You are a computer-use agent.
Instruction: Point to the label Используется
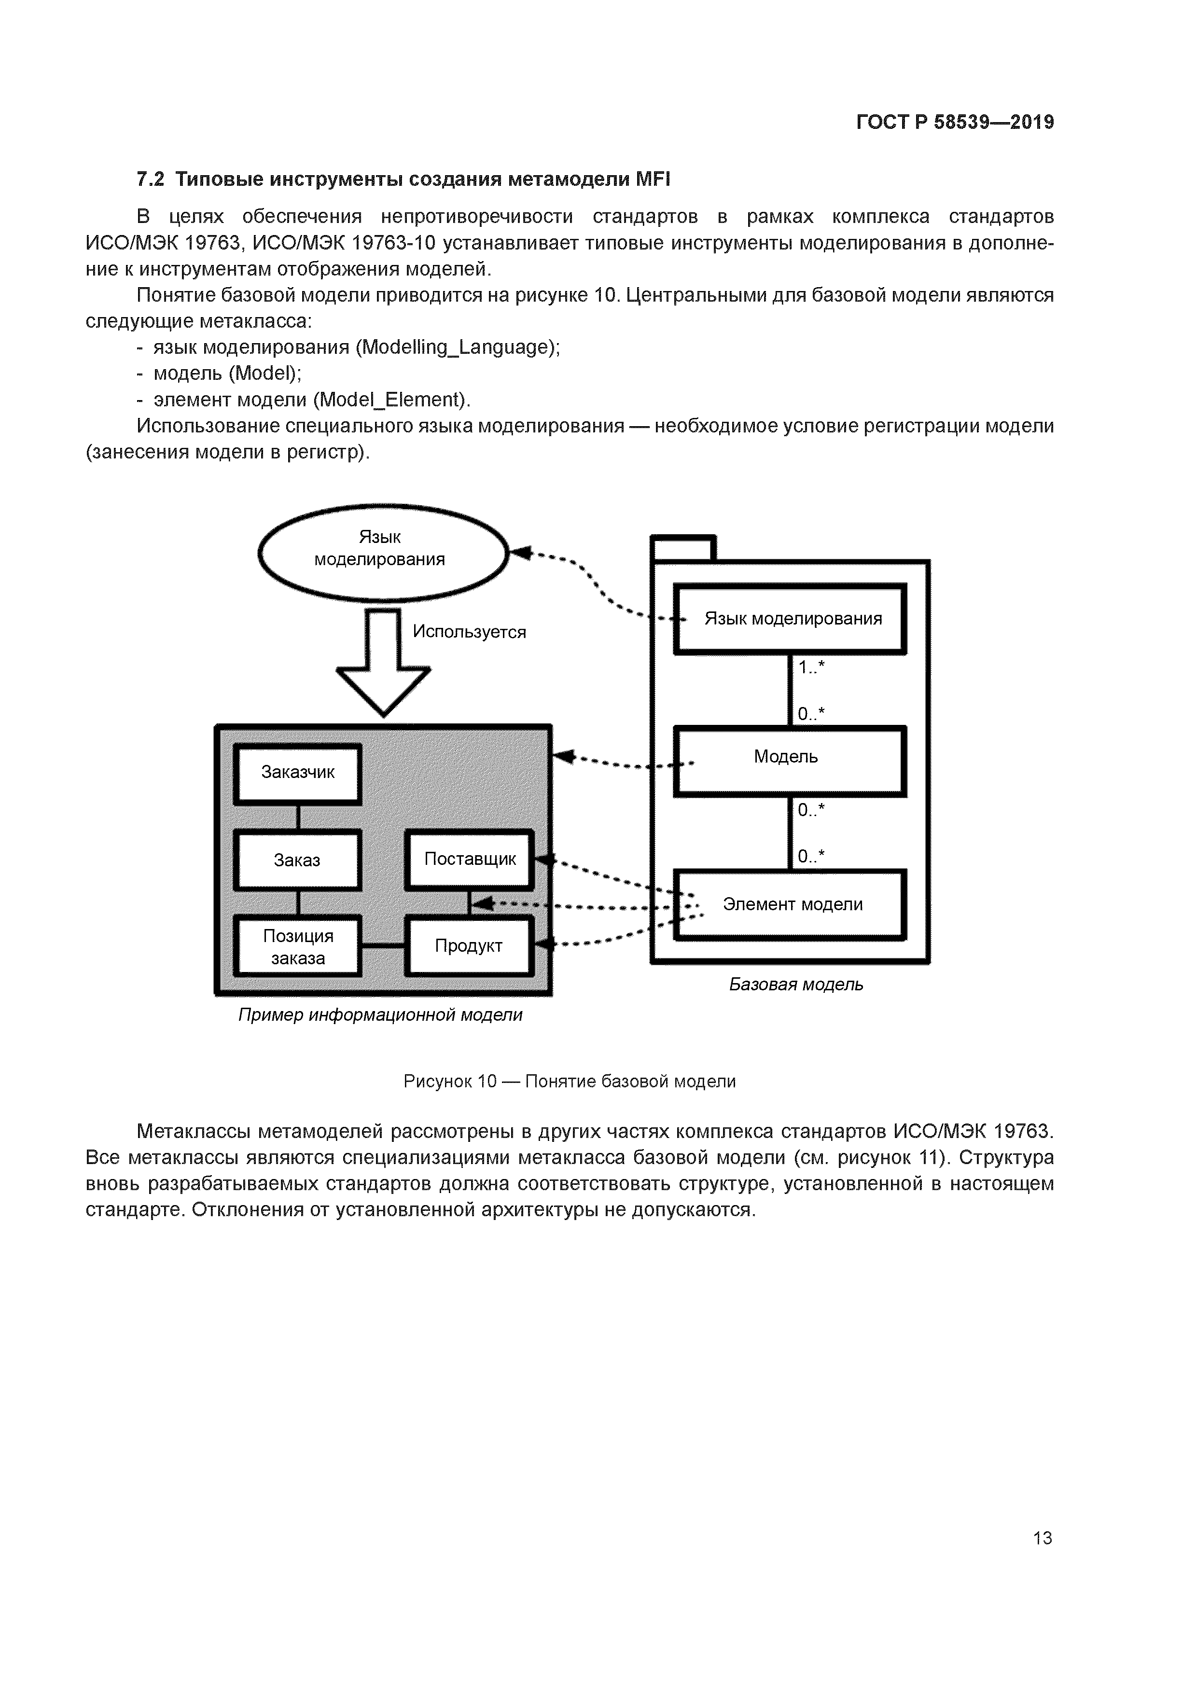[x=469, y=632]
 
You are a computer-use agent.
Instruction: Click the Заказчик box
[x=297, y=773]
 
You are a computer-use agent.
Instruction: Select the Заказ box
[x=297, y=860]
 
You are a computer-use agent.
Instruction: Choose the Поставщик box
[x=470, y=859]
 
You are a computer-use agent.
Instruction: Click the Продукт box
[x=468, y=946]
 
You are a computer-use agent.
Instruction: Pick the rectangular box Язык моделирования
[x=791, y=619]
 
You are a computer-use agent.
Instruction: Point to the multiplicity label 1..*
[x=810, y=668]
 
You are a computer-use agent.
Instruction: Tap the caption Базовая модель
[x=796, y=985]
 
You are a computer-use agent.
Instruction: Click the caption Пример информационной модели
[x=380, y=1015]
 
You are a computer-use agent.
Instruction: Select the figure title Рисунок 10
[x=450, y=1082]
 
